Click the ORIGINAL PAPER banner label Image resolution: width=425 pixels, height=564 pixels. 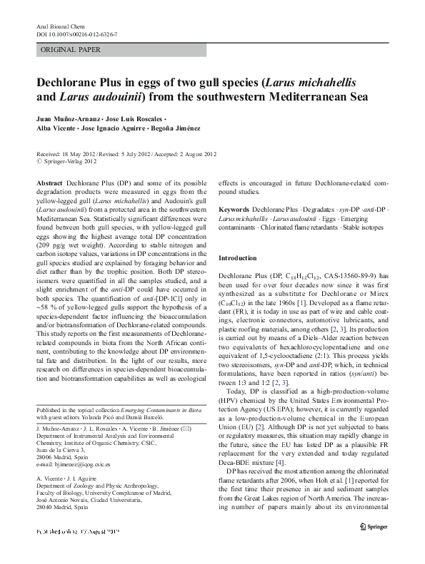(71, 50)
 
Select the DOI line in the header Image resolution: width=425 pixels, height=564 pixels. (76, 34)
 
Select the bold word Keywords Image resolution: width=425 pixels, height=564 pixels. (234, 210)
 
